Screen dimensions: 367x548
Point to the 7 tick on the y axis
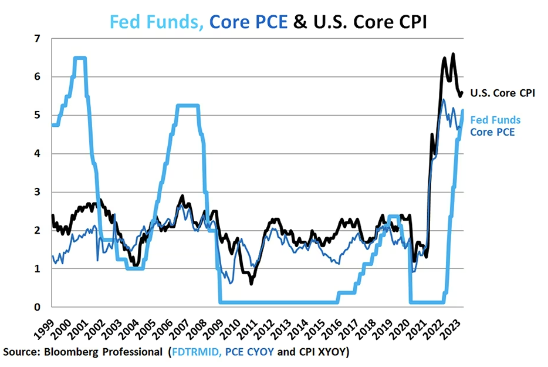(x=38, y=38)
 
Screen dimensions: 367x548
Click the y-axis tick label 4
(x=38, y=153)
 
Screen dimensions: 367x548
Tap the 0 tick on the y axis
(x=38, y=307)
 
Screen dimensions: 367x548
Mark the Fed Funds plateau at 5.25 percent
(x=188, y=106)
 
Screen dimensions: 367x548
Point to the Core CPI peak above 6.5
(x=453, y=55)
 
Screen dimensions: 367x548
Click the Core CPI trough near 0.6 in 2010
(x=251, y=284)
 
